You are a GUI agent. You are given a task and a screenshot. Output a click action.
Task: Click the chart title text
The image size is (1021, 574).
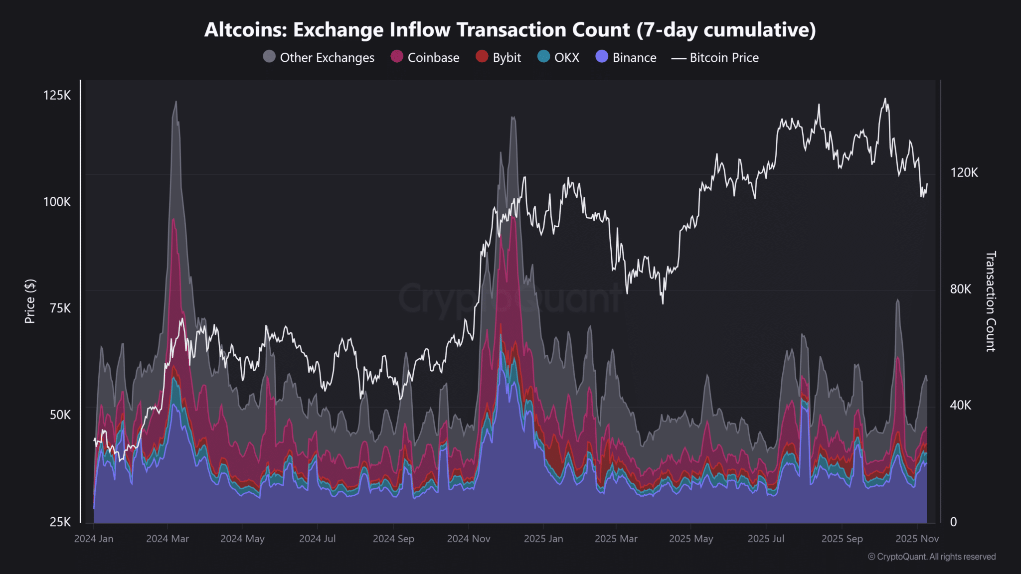click(x=510, y=30)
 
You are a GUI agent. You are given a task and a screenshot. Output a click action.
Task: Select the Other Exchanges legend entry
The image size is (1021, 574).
click(x=319, y=57)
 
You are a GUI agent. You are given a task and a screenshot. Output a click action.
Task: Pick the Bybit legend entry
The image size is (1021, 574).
click(x=499, y=57)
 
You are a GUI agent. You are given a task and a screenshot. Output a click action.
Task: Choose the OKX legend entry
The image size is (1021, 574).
click(x=559, y=57)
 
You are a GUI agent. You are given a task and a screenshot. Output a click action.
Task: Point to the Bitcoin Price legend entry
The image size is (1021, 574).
click(x=715, y=57)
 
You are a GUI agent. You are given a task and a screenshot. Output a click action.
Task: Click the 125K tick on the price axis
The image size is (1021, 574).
click(x=57, y=95)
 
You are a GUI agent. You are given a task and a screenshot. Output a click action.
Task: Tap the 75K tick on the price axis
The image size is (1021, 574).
click(x=60, y=308)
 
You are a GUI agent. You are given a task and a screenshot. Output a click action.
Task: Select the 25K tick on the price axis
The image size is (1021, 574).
click(x=60, y=522)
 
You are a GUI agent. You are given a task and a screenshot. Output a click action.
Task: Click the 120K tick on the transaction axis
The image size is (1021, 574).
click(x=964, y=172)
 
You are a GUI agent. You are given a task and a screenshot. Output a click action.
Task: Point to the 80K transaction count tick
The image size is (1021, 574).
click(x=961, y=289)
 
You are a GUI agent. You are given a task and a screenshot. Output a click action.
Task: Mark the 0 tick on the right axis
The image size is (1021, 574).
click(x=954, y=522)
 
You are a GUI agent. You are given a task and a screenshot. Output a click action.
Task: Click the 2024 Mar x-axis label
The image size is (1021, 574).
click(x=168, y=539)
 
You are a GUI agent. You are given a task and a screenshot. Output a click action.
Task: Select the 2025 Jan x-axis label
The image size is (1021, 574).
click(x=543, y=539)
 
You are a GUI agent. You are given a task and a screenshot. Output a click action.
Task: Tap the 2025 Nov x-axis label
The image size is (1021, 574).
click(x=917, y=539)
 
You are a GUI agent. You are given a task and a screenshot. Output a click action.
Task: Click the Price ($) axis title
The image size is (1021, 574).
click(x=30, y=301)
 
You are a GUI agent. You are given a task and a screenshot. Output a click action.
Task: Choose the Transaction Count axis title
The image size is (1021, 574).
click(x=991, y=301)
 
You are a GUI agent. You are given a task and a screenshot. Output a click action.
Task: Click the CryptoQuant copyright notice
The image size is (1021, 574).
click(x=932, y=557)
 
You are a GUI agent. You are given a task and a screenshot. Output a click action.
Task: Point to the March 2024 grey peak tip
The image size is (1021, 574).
click(x=176, y=102)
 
